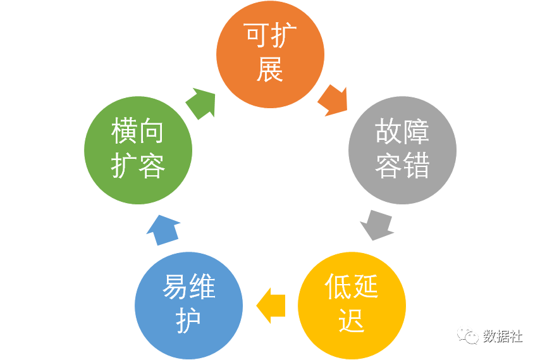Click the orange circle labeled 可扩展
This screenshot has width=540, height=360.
270,54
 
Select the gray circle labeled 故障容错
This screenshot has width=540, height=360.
402,149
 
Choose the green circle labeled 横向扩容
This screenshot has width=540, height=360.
138,150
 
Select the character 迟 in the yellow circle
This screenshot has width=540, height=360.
352,321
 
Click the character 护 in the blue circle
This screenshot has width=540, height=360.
189,321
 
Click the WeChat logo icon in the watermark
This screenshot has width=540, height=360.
469,336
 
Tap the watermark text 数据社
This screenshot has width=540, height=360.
503,337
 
